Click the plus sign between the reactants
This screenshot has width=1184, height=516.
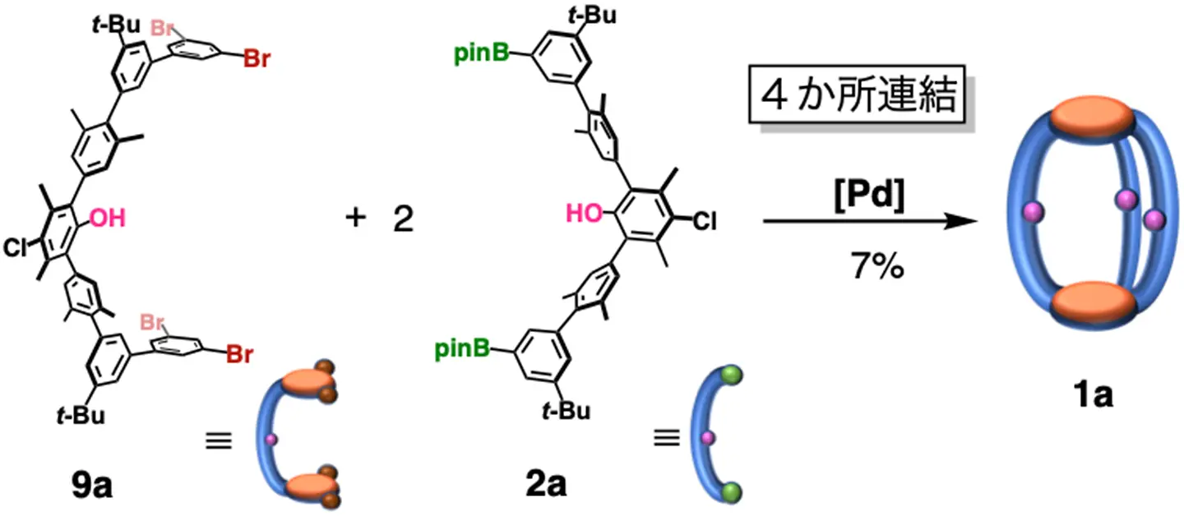coord(355,221)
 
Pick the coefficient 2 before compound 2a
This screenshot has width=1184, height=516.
coord(402,221)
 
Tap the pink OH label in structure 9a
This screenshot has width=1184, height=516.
coord(106,219)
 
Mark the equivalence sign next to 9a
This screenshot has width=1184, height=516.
coord(218,441)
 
